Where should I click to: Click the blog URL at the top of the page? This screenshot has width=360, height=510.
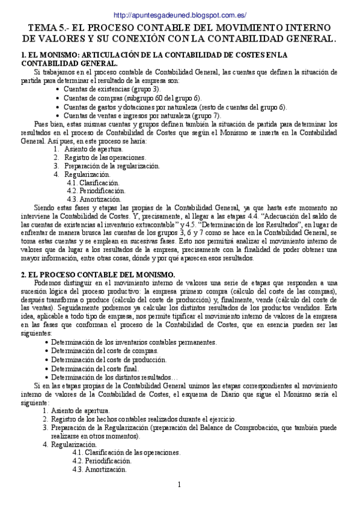click(x=180, y=15)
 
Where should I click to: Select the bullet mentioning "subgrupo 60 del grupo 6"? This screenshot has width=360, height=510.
click(x=132, y=98)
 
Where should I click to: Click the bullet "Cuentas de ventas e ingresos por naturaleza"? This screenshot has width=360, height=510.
click(x=141, y=115)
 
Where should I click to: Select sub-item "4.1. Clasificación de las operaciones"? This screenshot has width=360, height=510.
click(x=126, y=452)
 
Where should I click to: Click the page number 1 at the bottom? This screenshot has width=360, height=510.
click(x=179, y=485)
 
